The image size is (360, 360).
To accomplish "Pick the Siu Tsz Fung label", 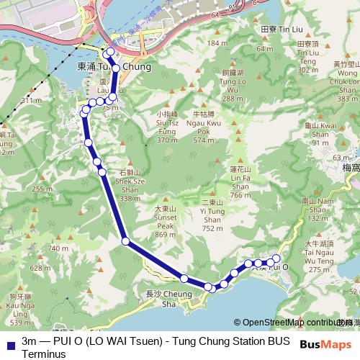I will (167, 127).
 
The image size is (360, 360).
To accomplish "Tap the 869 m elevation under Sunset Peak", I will (165, 235).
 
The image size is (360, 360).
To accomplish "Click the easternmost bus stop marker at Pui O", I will (276, 258).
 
